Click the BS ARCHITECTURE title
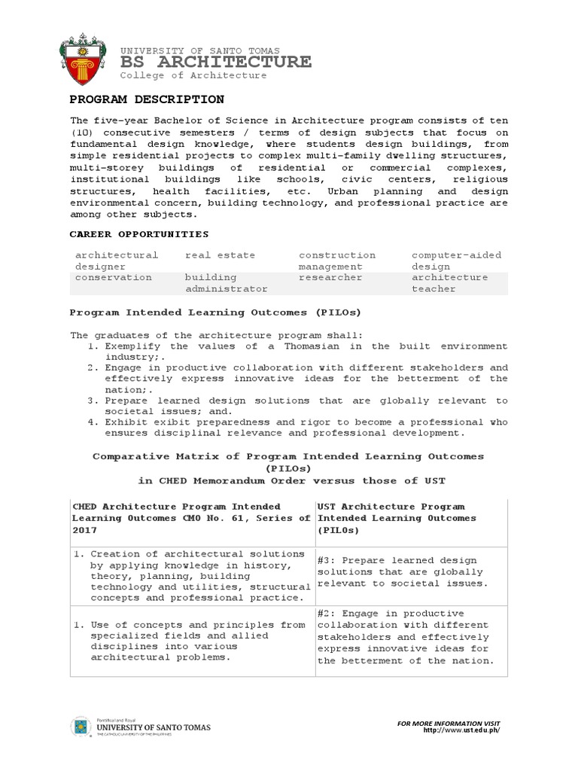click(x=215, y=62)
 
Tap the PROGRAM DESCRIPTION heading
click(x=147, y=99)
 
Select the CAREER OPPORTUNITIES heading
click(x=139, y=234)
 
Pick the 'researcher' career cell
click(x=330, y=277)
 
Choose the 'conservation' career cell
click(x=113, y=277)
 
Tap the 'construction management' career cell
click(x=336, y=261)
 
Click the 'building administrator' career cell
click(x=226, y=282)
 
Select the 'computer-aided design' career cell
click(x=456, y=261)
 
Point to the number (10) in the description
click(x=84, y=132)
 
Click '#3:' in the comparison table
click(x=329, y=560)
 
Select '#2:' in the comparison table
click(x=329, y=614)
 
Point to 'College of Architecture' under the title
click(x=193, y=75)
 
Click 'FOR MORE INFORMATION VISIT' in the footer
click(x=449, y=723)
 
